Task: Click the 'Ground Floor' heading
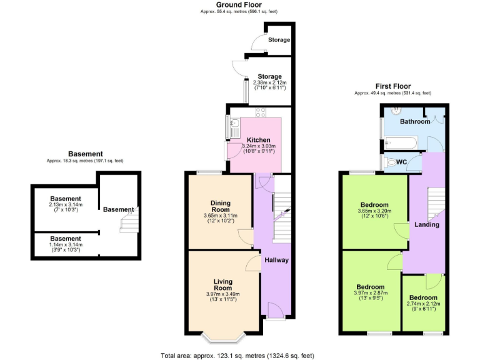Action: click(239, 4)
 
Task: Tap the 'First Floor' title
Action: click(392, 86)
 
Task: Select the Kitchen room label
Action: click(258, 139)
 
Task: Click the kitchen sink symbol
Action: click(232, 129)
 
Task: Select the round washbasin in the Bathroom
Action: click(395, 111)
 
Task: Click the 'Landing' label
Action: click(427, 224)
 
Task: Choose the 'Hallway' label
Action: click(276, 259)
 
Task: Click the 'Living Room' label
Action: click(222, 285)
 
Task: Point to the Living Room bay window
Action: click(223, 337)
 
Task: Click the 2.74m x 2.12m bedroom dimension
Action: click(423, 307)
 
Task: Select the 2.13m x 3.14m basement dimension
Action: click(65, 207)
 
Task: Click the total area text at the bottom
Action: click(237, 355)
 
